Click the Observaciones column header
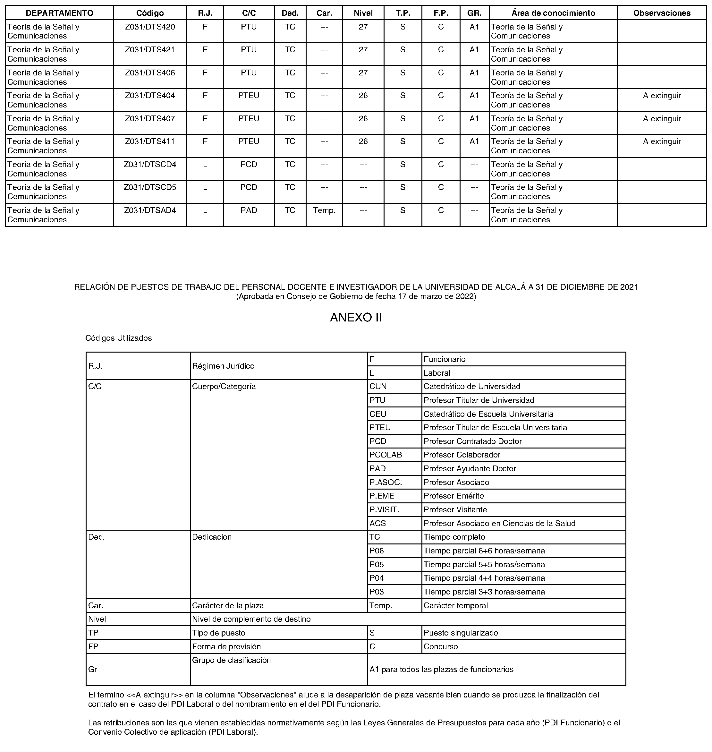662,13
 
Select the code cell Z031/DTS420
150,27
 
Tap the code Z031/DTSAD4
150,210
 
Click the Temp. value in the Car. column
324,210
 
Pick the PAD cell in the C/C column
249,210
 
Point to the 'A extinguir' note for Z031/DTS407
662,118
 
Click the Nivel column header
363,13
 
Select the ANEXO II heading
356,317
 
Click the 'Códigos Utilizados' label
118,338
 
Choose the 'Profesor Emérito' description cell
453,496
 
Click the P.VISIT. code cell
384,509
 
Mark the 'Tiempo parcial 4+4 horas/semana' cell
484,578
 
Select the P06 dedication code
377,551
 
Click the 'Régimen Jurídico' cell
223,366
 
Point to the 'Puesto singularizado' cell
460,633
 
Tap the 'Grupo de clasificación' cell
231,660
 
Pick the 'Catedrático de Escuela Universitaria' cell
488,414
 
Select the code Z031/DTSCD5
150,187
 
